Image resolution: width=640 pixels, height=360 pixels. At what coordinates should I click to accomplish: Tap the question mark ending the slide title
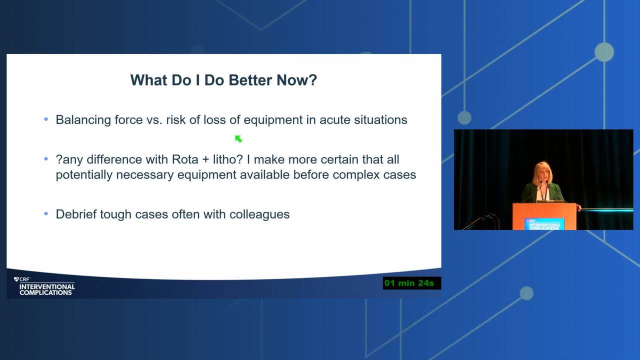tap(313, 80)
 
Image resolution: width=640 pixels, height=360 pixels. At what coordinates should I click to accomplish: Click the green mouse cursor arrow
tap(238, 139)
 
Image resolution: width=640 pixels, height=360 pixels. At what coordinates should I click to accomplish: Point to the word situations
tap(380, 119)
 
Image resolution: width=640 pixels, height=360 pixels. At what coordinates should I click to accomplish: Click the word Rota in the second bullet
tap(185, 159)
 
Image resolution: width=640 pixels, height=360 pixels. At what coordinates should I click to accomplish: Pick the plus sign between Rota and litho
tap(205, 160)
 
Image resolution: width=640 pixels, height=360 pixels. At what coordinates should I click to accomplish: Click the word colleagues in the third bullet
tap(259, 215)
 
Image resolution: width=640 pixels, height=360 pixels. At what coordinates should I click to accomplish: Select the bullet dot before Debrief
tap(46, 213)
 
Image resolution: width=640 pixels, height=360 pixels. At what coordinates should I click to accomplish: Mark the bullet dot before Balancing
tap(46, 119)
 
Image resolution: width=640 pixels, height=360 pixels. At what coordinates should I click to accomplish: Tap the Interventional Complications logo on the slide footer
tap(44, 286)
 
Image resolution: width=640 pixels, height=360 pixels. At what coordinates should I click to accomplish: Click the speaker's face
tap(542, 173)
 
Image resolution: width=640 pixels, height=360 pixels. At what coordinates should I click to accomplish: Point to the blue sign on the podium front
tap(544, 224)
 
